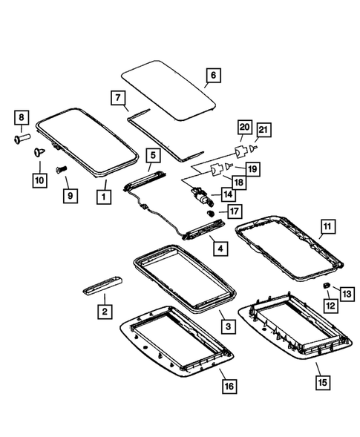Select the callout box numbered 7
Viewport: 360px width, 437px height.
pos(117,97)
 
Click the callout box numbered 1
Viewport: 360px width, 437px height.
pos(105,197)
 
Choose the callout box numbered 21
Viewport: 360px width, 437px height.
pos(264,131)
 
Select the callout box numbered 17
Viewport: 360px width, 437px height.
pos(234,211)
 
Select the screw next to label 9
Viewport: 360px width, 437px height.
pos(62,171)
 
